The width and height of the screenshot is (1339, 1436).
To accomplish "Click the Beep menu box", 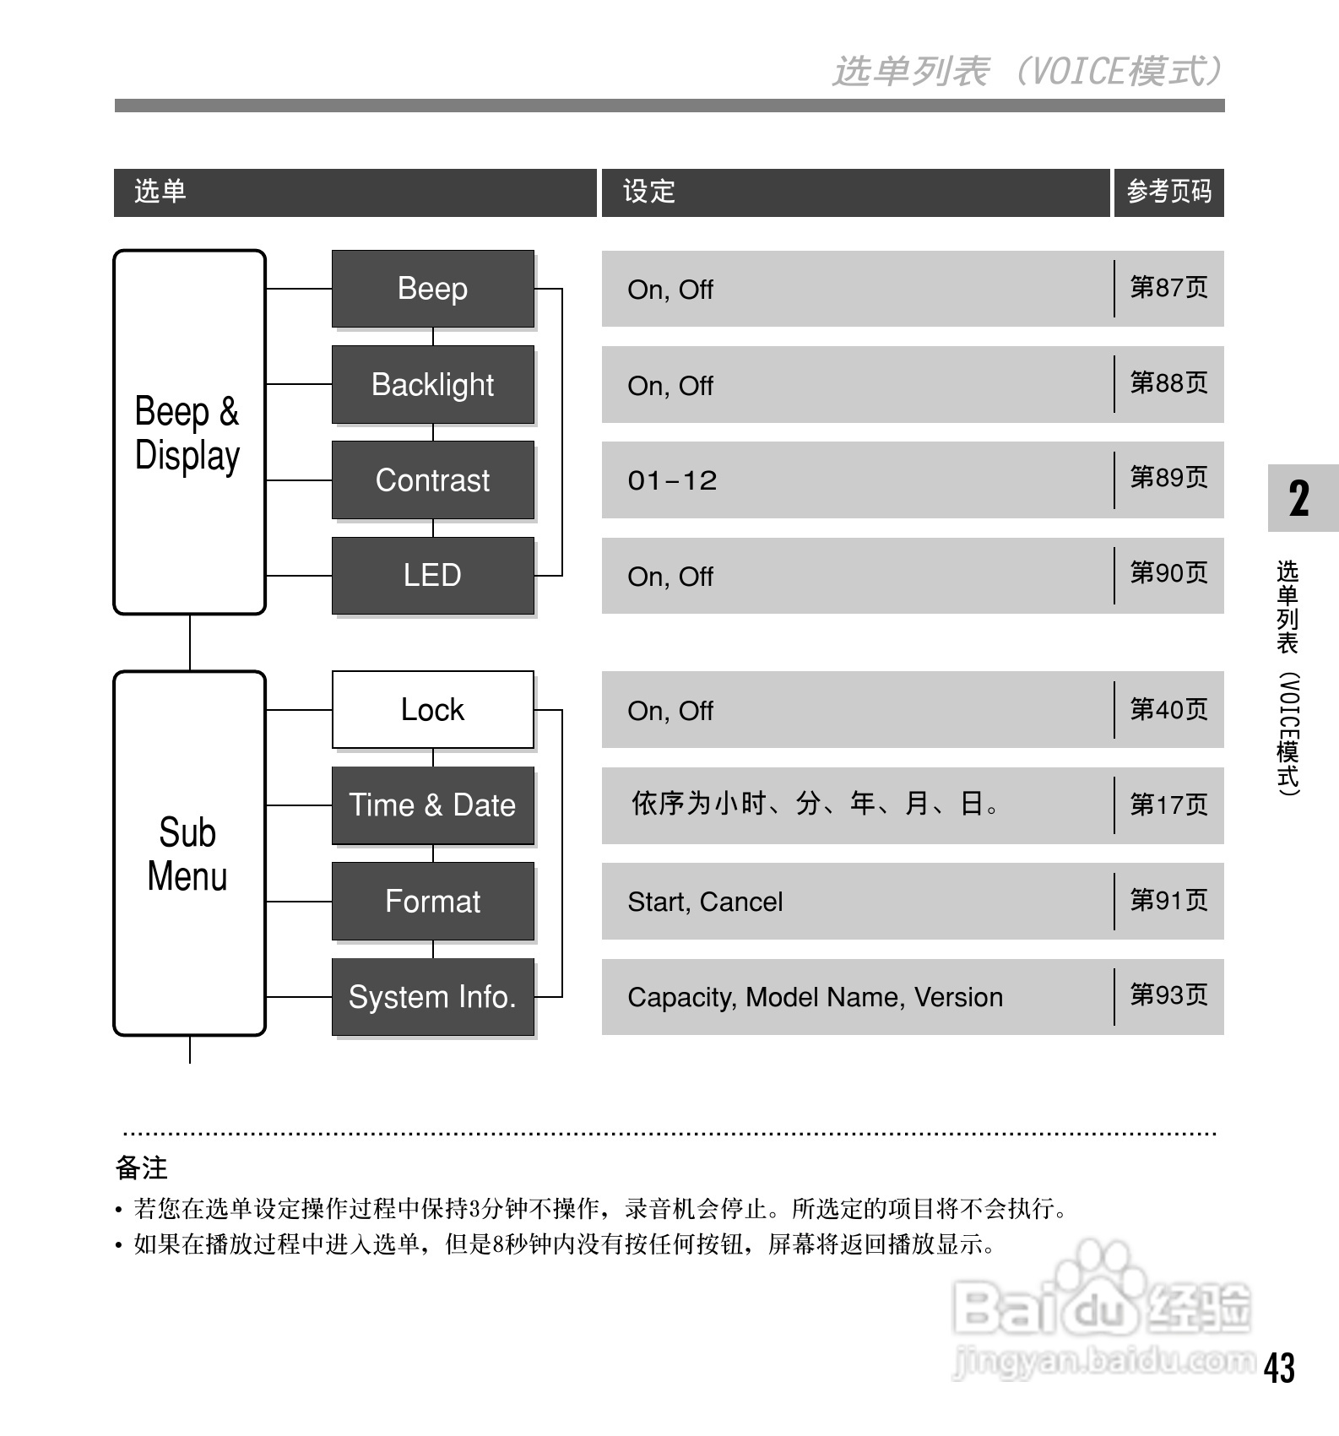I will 432,289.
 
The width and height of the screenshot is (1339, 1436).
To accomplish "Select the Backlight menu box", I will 432,385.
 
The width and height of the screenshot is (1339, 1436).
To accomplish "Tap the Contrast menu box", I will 432,480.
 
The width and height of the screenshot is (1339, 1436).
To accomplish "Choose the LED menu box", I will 432,576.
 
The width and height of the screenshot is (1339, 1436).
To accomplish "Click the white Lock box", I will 432,710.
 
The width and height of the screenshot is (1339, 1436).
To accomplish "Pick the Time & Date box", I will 432,805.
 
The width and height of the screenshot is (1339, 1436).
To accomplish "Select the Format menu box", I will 432,902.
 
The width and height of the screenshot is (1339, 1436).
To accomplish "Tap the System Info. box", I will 432,997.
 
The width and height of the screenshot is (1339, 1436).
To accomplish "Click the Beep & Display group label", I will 187,433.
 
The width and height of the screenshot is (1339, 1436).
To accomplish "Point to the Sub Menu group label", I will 187,854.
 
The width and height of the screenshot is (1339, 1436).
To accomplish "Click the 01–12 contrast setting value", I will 672,481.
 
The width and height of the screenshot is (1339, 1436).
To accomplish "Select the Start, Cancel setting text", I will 705,902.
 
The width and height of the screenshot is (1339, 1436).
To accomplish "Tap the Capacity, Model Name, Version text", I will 815,998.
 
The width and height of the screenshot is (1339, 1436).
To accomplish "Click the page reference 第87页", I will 1168,288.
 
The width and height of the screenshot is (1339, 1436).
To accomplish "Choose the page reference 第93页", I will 1168,995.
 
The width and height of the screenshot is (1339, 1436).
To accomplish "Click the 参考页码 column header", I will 1168,192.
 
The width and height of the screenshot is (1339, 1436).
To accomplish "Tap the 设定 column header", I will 649,192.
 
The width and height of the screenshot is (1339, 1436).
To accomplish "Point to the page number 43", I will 1279,1368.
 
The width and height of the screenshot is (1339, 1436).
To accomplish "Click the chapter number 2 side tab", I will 1300,498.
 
